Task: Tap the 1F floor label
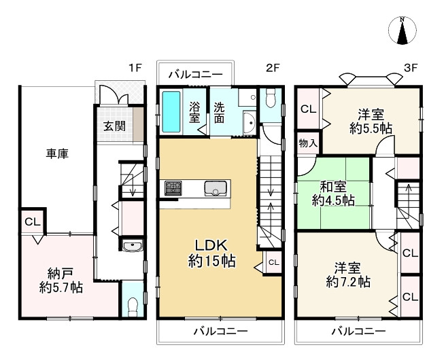pyautogui.click(x=135, y=68)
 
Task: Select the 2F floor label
pyautogui.click(x=273, y=68)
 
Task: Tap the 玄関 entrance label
pyautogui.click(x=114, y=126)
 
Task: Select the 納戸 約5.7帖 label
pyautogui.click(x=61, y=281)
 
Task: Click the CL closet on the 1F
pyautogui.click(x=32, y=222)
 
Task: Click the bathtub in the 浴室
pyautogui.click(x=171, y=113)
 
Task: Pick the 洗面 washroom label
pyautogui.click(x=220, y=112)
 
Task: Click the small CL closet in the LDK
pyautogui.click(x=273, y=262)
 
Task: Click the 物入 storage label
pyautogui.click(x=308, y=143)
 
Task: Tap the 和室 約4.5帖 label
pyautogui.click(x=333, y=193)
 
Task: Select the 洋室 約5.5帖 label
pyautogui.click(x=371, y=120)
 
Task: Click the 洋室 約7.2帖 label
pyautogui.click(x=347, y=274)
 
